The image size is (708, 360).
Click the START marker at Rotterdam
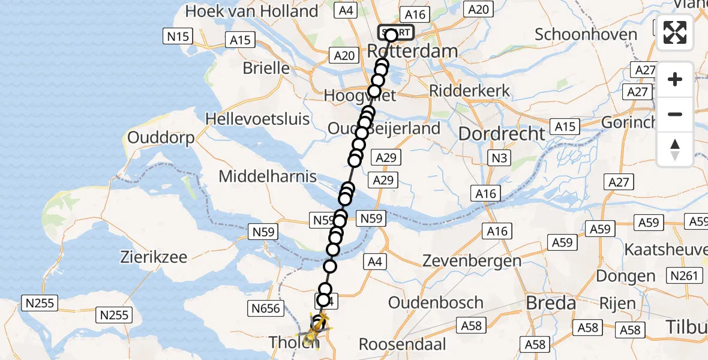tap(395, 32)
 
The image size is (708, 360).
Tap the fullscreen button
tap(675, 32)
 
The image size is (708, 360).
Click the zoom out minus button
tap(675, 114)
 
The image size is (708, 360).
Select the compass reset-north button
tap(675, 149)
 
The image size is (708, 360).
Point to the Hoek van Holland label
tap(251, 11)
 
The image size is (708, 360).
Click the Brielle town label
tap(266, 68)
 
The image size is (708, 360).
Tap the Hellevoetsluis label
tap(257, 118)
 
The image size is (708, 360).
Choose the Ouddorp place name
tap(161, 138)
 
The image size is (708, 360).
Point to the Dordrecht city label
tap(502, 133)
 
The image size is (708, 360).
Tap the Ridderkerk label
tap(470, 91)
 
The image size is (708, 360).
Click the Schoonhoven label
tap(586, 34)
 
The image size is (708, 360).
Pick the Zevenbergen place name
tap(472, 261)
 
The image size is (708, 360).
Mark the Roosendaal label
tap(403, 344)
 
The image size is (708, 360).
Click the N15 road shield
tap(178, 37)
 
